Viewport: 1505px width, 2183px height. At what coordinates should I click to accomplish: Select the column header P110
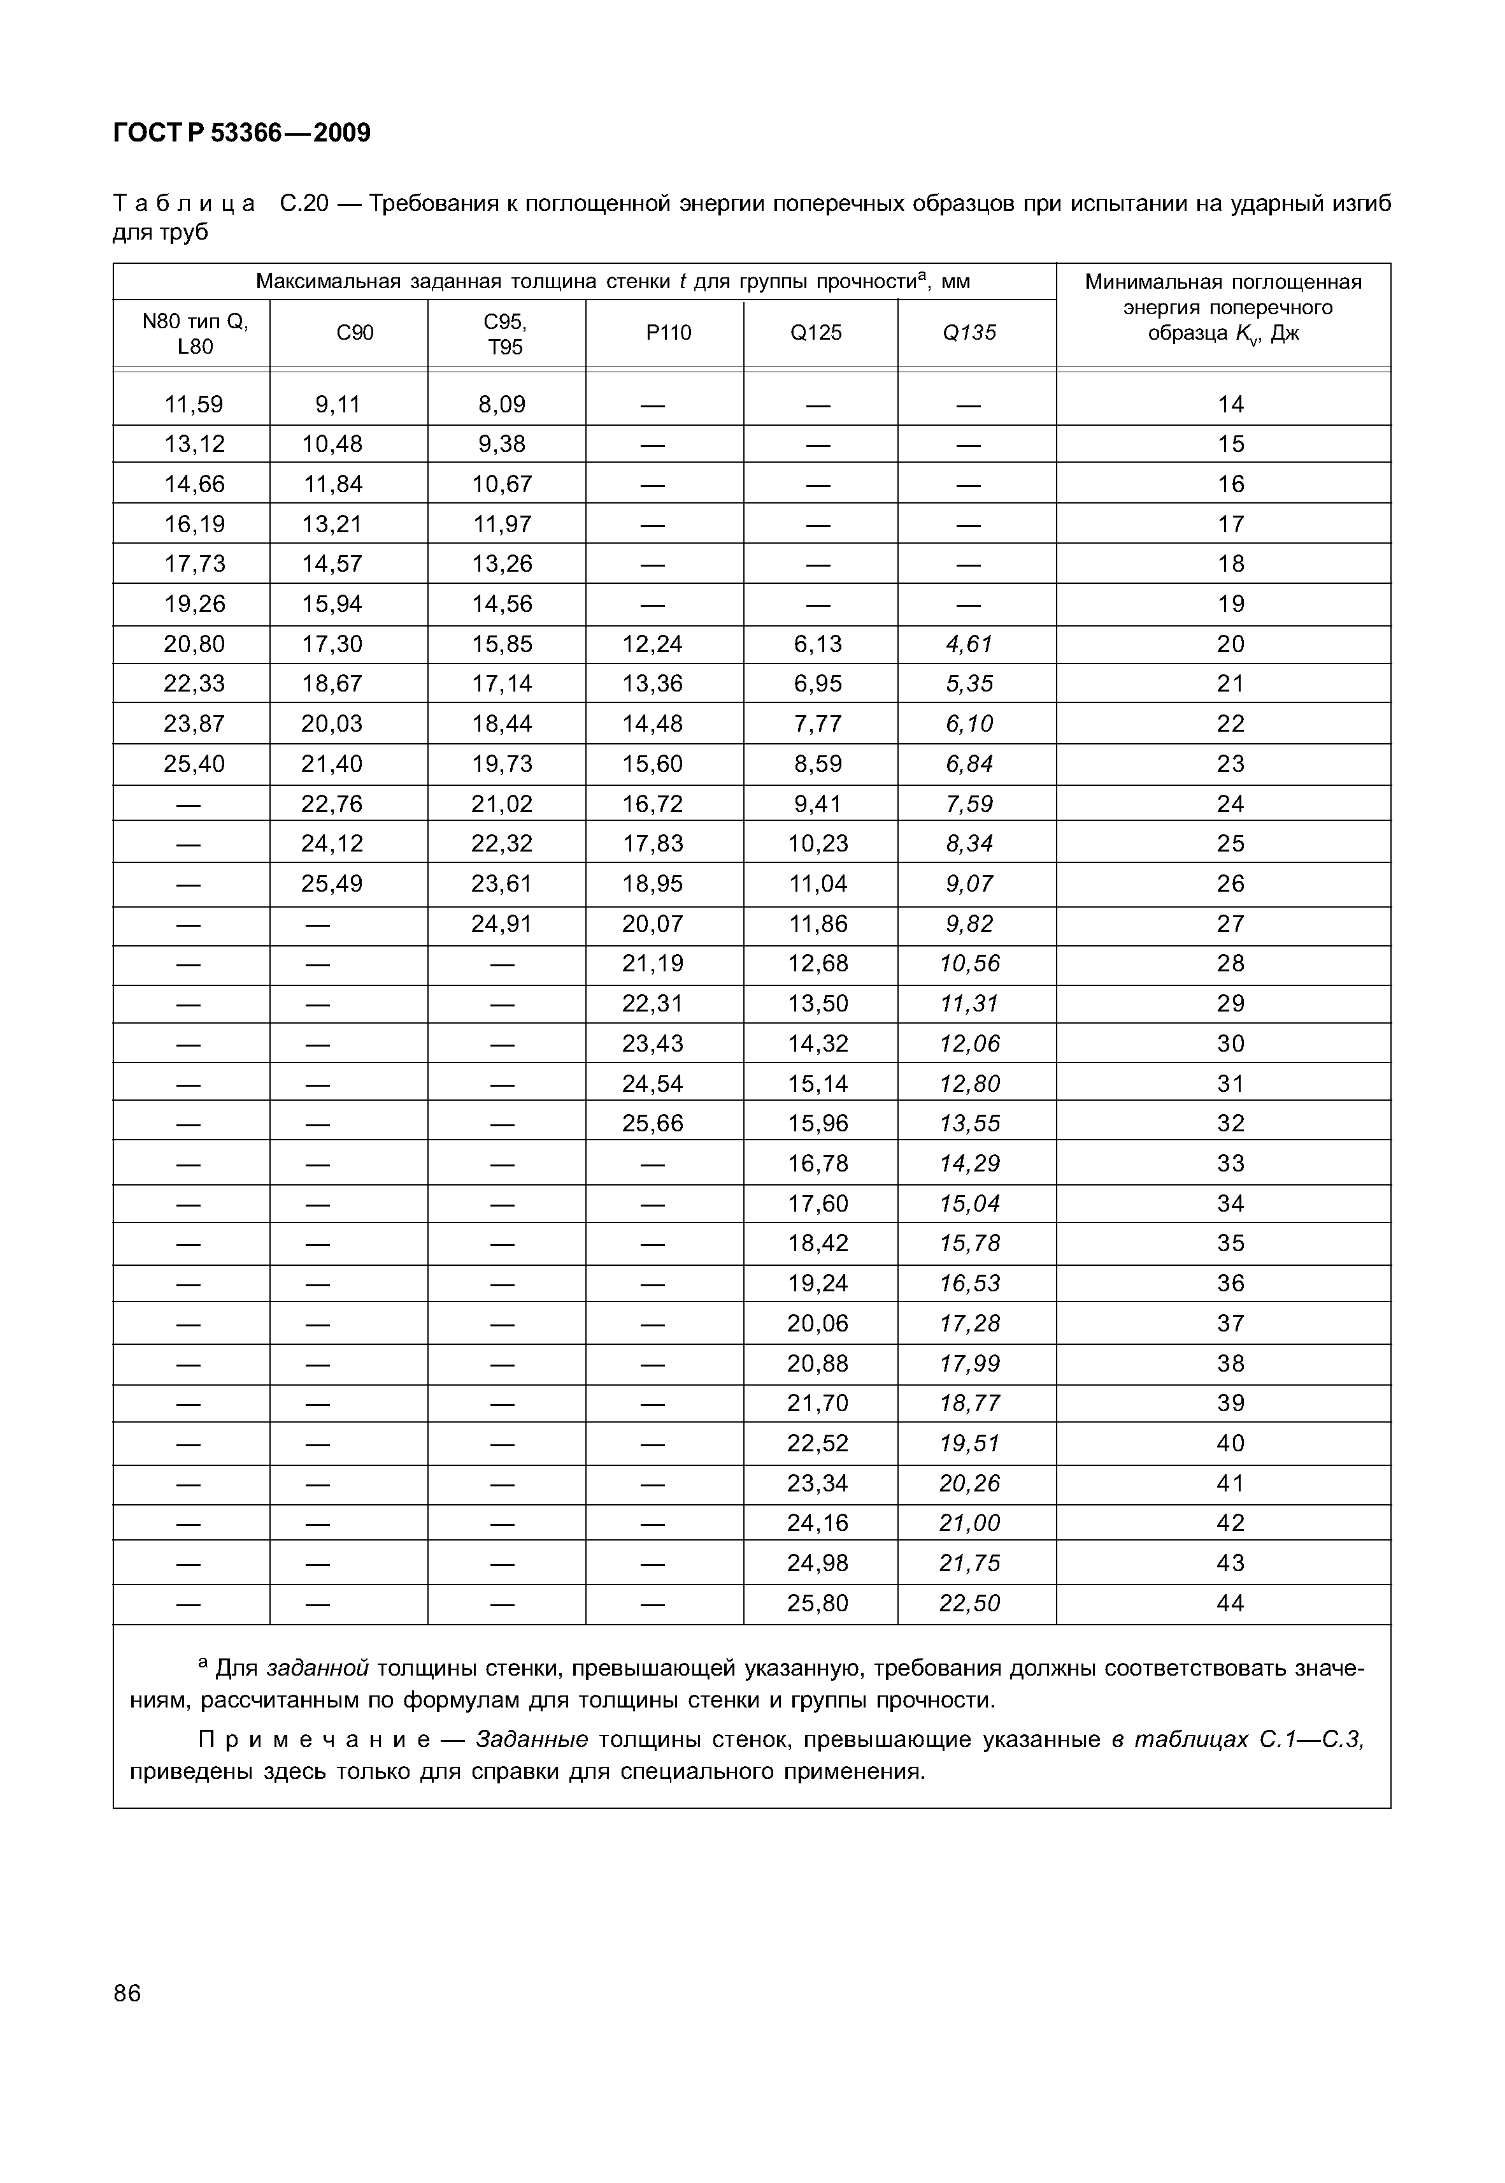click(669, 333)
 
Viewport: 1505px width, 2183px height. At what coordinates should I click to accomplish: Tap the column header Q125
click(816, 333)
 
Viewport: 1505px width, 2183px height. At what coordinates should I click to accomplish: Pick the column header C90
click(355, 333)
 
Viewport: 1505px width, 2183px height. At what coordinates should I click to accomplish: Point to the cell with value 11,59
click(194, 405)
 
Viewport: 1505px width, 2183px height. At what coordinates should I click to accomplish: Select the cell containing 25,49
click(332, 884)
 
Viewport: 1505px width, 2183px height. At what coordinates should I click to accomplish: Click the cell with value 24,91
click(502, 924)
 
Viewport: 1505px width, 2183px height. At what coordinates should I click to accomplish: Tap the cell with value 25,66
click(653, 1124)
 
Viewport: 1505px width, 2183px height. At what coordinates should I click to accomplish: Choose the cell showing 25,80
click(818, 1603)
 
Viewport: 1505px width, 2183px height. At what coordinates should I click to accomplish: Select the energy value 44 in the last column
click(1230, 1603)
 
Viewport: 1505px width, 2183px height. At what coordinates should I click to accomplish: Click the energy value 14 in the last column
click(1230, 405)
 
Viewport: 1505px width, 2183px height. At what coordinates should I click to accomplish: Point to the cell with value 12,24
click(653, 644)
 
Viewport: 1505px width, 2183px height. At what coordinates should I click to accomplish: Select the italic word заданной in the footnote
click(317, 1669)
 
